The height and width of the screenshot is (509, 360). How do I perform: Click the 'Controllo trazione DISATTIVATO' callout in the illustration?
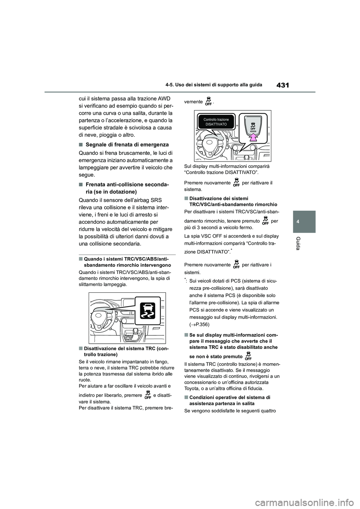216,122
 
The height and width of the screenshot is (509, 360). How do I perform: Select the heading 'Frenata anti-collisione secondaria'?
126,187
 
